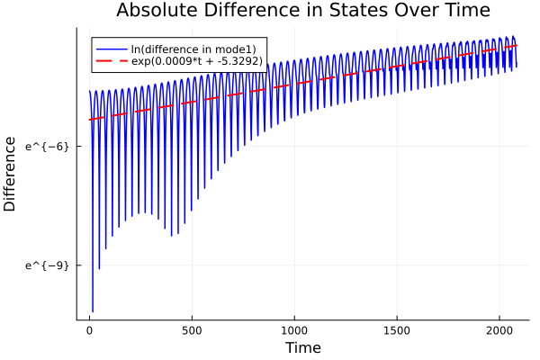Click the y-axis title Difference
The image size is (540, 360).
(11, 174)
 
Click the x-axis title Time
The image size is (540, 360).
(302, 347)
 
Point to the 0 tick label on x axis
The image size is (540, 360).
(89, 329)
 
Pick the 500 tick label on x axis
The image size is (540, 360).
(192, 329)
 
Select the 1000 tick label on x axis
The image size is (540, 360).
(294, 329)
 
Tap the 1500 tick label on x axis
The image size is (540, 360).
(397, 329)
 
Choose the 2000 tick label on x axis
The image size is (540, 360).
(499, 329)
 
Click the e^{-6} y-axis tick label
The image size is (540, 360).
(48, 146)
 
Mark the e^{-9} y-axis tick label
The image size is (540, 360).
(48, 265)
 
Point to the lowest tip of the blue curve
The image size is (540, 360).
(93, 311)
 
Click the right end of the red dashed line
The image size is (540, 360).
(517, 45)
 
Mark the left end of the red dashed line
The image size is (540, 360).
(89, 120)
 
